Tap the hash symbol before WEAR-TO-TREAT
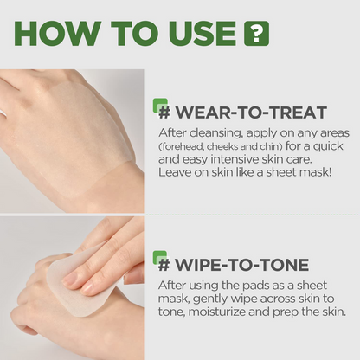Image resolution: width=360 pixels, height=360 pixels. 164,112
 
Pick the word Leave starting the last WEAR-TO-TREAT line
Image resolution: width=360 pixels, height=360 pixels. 177,176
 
